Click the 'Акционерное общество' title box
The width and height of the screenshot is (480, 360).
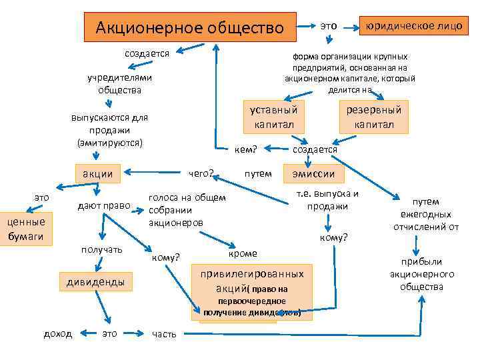pyautogui.click(x=189, y=28)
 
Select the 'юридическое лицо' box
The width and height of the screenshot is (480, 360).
pyautogui.click(x=411, y=26)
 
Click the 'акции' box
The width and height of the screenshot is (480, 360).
pyautogui.click(x=97, y=173)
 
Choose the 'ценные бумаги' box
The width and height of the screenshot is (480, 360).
pyautogui.click(x=26, y=228)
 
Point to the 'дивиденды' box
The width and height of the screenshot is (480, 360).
pyautogui.click(x=95, y=282)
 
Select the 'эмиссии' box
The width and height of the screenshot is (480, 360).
pyautogui.click(x=313, y=173)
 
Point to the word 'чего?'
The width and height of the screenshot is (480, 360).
pyautogui.click(x=201, y=173)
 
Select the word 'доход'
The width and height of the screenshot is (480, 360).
pyautogui.click(x=58, y=333)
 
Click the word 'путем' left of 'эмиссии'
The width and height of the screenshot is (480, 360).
pyautogui.click(x=258, y=173)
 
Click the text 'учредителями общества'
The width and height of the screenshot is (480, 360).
pyautogui.click(x=120, y=84)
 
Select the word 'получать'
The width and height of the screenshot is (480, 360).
pyautogui.click(x=101, y=249)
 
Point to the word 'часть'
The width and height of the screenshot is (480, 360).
pyautogui.click(x=164, y=334)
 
